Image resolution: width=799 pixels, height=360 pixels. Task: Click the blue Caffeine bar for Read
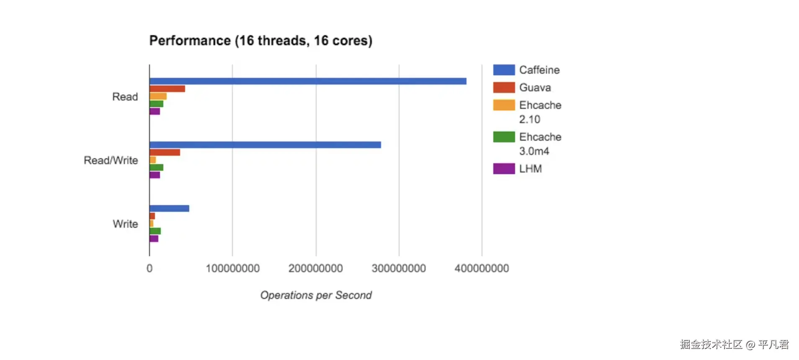click(x=308, y=81)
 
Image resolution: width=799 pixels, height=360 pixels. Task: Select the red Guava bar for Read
click(x=167, y=89)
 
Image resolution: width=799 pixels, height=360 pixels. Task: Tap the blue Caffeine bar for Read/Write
click(x=265, y=145)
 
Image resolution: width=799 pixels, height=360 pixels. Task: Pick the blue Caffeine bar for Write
click(x=169, y=208)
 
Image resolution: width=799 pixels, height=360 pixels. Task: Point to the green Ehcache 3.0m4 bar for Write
click(x=155, y=231)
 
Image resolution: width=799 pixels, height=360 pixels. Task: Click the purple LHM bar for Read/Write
click(x=155, y=175)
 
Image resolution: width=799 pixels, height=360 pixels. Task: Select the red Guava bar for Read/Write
click(x=165, y=152)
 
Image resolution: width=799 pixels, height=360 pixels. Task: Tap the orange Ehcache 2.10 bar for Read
click(x=158, y=96)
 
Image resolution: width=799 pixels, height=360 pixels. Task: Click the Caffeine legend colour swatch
click(x=504, y=70)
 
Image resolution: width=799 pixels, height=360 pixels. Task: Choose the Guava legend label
click(x=535, y=87)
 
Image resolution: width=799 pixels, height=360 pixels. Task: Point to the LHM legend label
click(x=530, y=169)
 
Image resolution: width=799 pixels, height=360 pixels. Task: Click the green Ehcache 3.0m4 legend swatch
click(x=504, y=137)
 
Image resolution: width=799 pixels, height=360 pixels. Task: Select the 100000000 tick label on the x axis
click(x=232, y=268)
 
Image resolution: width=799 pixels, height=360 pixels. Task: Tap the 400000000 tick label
click(x=482, y=268)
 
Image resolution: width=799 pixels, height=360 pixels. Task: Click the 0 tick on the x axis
click(x=149, y=268)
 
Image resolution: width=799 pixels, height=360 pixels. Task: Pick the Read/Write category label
click(x=111, y=160)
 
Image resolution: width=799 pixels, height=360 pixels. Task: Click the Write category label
click(x=125, y=224)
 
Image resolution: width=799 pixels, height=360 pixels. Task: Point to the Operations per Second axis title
click(x=316, y=295)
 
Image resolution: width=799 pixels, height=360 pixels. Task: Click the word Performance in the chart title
click(x=190, y=41)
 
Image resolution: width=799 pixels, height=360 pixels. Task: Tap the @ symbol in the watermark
click(x=750, y=345)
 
